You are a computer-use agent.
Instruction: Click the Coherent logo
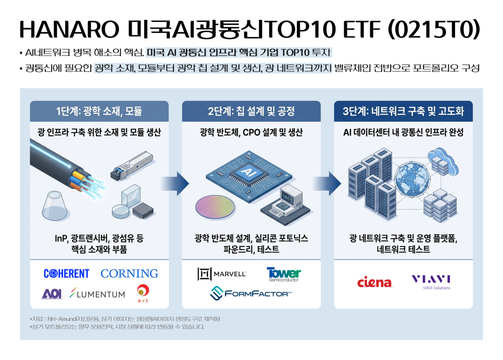(67, 274)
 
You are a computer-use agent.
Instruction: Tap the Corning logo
(129, 274)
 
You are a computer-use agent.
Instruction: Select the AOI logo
(52, 293)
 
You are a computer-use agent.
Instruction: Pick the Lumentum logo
(97, 293)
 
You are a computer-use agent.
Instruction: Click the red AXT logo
(143, 293)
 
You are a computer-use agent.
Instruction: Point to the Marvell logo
(222, 274)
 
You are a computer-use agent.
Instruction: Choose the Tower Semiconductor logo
(284, 274)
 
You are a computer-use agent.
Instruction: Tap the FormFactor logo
(251, 293)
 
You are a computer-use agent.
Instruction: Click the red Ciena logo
(375, 282)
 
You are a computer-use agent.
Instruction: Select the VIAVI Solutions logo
(431, 282)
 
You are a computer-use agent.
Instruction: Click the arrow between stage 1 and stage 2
(175, 184)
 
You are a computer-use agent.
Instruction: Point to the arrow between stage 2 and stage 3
(327, 184)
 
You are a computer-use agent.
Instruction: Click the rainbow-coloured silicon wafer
(215, 207)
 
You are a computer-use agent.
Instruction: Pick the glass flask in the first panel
(56, 206)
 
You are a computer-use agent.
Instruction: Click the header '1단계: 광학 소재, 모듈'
(99, 111)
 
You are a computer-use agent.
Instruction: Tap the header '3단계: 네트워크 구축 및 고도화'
(403, 111)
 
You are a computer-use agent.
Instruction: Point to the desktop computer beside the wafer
(285, 201)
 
